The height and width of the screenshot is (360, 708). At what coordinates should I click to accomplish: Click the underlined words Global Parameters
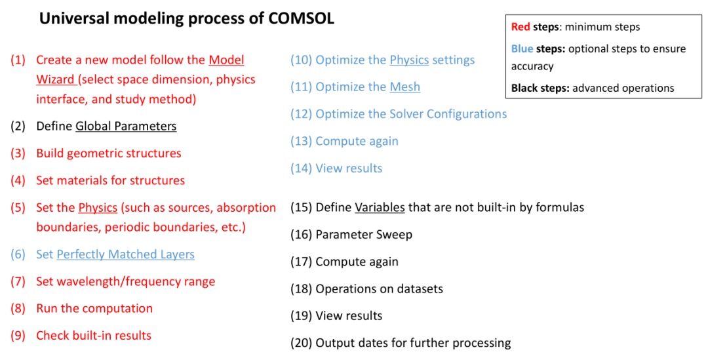point(126,126)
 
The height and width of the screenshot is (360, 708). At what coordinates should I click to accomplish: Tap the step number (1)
point(18,60)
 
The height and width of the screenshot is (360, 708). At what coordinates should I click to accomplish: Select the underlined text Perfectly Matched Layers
point(125,254)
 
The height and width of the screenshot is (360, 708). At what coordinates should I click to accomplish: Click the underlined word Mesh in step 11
point(405,87)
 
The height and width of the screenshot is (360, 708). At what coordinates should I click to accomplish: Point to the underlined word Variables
point(380,207)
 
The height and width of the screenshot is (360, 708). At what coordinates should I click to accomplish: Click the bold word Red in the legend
point(521,27)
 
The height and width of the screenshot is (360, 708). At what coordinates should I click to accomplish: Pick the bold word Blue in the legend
point(522,49)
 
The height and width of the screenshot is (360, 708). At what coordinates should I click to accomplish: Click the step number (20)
point(301,344)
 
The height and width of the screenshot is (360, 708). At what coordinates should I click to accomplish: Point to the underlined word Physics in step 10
point(409,60)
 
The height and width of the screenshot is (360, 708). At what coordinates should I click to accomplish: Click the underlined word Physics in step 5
point(98,208)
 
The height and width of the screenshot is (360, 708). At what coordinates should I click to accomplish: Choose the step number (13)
point(301,142)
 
